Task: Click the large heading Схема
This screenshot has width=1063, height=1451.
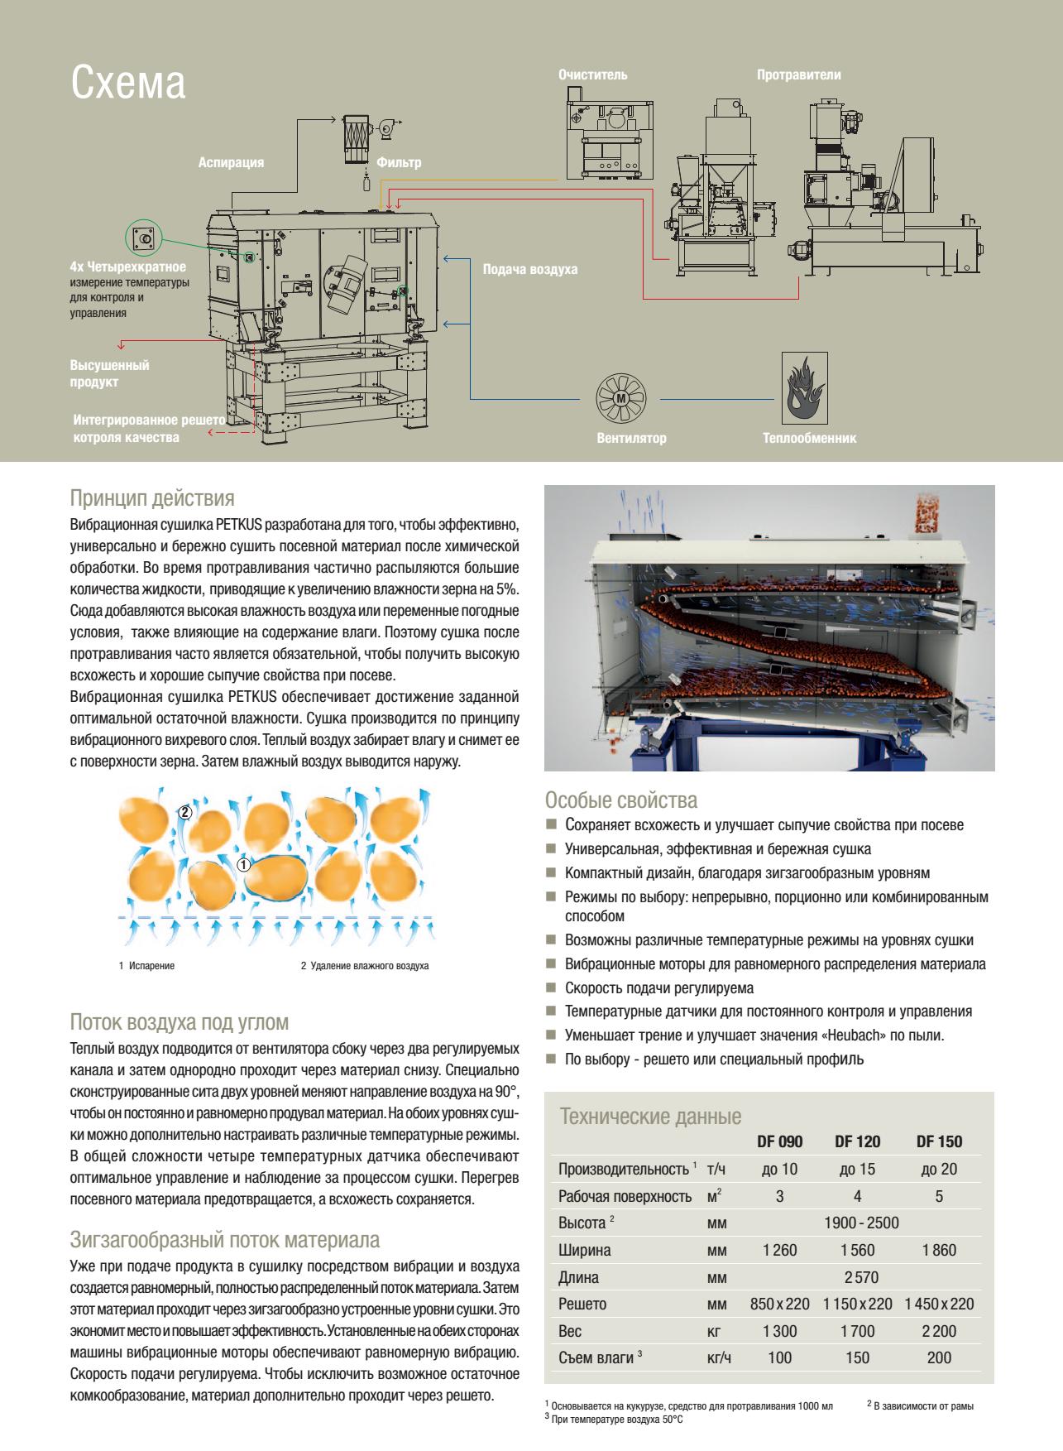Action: [127, 84]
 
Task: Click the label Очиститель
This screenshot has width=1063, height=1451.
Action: [592, 75]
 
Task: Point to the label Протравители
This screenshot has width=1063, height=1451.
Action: [798, 75]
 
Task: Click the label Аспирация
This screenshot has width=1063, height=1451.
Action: [231, 162]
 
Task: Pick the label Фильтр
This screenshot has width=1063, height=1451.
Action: [399, 162]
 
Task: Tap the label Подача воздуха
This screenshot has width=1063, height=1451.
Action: [529, 270]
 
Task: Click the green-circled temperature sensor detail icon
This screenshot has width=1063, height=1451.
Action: [144, 238]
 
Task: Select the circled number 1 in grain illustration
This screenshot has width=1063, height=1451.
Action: [243, 865]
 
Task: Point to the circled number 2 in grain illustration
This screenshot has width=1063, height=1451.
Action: [185, 812]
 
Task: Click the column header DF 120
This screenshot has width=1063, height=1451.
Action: [857, 1141]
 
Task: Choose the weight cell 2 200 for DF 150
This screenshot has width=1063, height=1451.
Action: [939, 1331]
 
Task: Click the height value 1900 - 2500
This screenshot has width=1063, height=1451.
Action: [861, 1223]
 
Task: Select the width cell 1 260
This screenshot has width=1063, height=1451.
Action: [779, 1250]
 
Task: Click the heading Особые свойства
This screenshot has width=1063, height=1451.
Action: [620, 800]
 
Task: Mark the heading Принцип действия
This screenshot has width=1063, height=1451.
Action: [152, 498]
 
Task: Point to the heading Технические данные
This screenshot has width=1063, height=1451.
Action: [650, 1117]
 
